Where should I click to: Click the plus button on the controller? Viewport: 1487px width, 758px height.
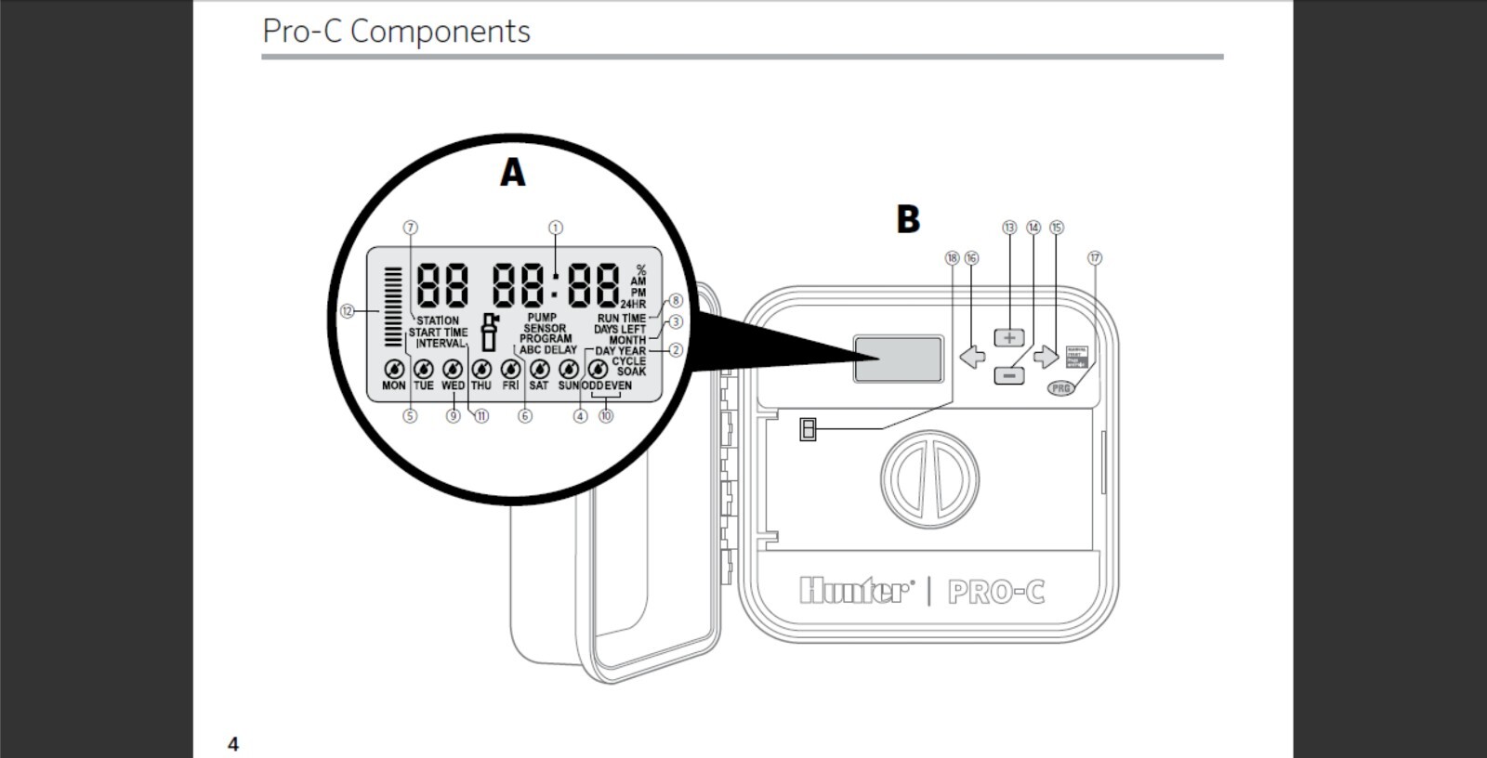click(x=1009, y=337)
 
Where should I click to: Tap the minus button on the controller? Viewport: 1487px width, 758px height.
click(x=1009, y=375)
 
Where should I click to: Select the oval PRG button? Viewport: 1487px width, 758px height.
click(x=1061, y=388)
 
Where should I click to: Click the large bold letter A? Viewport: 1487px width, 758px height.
click(x=512, y=173)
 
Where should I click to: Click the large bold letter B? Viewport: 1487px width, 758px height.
click(x=908, y=220)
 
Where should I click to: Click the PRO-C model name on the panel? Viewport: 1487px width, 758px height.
click(x=996, y=592)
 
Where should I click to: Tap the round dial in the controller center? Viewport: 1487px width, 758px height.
click(x=929, y=478)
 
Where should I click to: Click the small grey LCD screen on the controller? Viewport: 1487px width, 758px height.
click(x=899, y=359)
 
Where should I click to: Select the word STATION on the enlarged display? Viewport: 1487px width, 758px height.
click(x=438, y=320)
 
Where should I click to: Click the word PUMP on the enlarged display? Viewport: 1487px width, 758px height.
click(x=542, y=318)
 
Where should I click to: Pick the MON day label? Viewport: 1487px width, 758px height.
click(x=394, y=386)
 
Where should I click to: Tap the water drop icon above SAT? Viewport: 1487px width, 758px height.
click(x=539, y=369)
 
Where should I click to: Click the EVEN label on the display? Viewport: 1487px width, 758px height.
click(x=618, y=386)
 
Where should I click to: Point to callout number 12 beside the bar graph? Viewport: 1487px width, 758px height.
click(x=348, y=311)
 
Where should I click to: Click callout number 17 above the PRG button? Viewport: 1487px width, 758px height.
click(x=1095, y=258)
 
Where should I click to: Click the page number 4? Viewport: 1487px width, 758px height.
click(x=233, y=744)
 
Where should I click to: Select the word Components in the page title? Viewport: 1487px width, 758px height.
click(x=440, y=32)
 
